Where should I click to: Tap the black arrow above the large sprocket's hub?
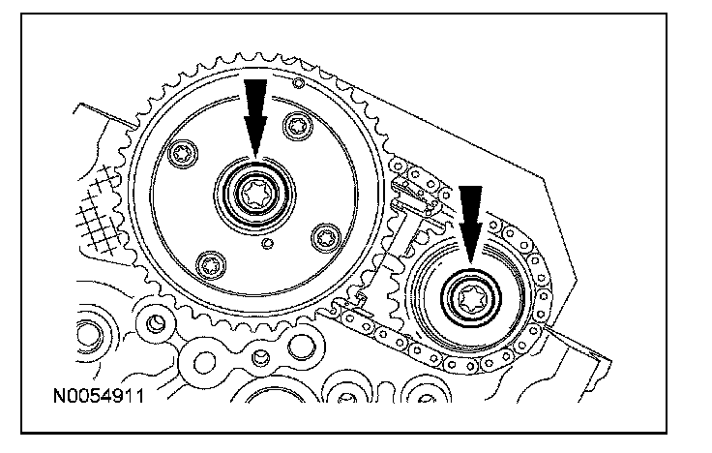(x=253, y=114)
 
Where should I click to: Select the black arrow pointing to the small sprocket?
(x=470, y=222)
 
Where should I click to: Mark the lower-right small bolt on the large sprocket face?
(x=326, y=233)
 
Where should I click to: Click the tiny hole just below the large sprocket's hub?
(x=266, y=246)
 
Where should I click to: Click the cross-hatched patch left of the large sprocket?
(x=104, y=222)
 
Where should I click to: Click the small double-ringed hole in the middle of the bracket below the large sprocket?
(x=258, y=359)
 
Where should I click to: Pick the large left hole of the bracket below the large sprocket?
(x=205, y=363)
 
